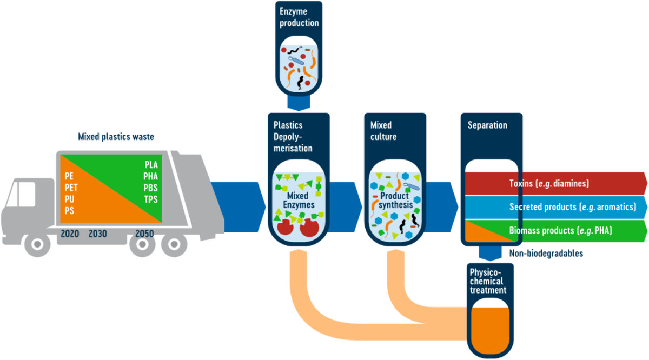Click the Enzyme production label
[299, 17]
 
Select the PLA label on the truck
[151, 164]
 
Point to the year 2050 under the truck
[144, 234]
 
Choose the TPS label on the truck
[151, 199]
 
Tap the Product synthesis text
[394, 201]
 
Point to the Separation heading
[487, 125]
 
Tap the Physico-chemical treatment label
[486, 281]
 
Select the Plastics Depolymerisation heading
[293, 136]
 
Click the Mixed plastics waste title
[116, 136]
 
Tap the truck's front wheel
[37, 244]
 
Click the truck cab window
[28, 194]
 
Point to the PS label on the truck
[69, 211]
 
